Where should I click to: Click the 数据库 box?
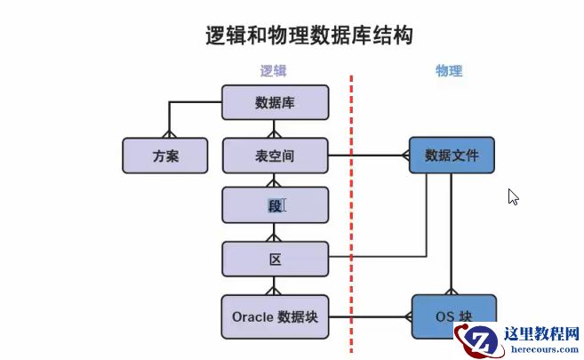click(x=275, y=103)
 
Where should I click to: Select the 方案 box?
click(x=165, y=156)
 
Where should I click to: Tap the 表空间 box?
click(x=275, y=156)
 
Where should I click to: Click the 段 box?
click(x=275, y=206)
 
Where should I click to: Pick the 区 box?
click(x=275, y=260)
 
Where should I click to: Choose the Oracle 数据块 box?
click(x=275, y=316)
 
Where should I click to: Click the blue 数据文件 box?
click(x=452, y=156)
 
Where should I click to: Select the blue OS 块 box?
click(x=452, y=316)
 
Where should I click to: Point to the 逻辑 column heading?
click(x=273, y=71)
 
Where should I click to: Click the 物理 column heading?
click(x=449, y=71)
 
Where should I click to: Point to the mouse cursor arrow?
click(x=513, y=196)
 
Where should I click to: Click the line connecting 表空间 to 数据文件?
click(x=369, y=156)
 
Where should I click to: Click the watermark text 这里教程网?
click(x=540, y=334)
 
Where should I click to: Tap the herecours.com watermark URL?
click(x=540, y=350)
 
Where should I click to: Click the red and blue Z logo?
click(x=477, y=340)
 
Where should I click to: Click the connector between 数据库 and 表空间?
click(x=275, y=129)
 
